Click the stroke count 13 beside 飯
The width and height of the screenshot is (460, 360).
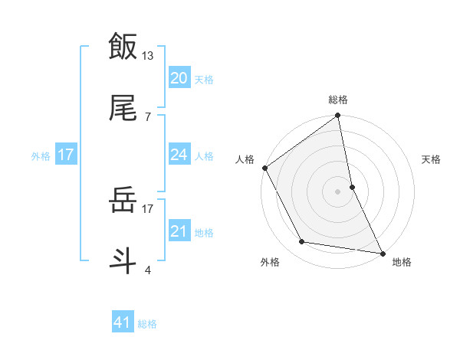(149, 55)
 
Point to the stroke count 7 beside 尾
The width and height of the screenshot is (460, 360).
(147, 116)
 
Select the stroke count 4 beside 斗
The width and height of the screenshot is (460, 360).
(147, 270)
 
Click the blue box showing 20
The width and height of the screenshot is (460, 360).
(179, 77)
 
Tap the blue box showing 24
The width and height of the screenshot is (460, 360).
(179, 155)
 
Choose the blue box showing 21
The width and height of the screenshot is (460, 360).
(179, 231)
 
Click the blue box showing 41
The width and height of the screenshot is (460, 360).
(123, 322)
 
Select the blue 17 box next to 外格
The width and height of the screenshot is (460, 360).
(66, 155)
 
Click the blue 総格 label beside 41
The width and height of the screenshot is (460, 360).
(147, 324)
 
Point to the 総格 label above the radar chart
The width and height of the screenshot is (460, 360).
(338, 100)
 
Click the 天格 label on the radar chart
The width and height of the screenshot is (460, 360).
(432, 160)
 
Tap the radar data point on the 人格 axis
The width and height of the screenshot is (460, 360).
(264, 168)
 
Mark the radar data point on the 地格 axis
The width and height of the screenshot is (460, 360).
(383, 253)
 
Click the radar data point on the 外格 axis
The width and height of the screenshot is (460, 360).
(302, 242)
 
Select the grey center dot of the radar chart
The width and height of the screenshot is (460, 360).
(338, 191)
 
